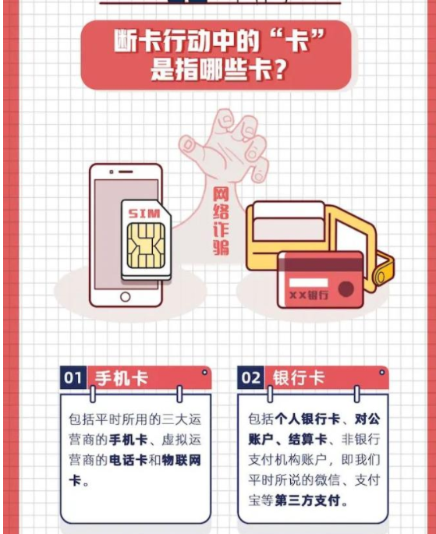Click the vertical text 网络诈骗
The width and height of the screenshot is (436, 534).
[221, 220]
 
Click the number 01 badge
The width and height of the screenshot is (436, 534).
[73, 379]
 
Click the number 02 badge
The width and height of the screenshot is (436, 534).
[251, 379]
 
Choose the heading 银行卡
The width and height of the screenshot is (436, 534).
[298, 379]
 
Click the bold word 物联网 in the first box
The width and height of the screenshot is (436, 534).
[184, 460]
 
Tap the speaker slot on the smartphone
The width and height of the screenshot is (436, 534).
[125, 173]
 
